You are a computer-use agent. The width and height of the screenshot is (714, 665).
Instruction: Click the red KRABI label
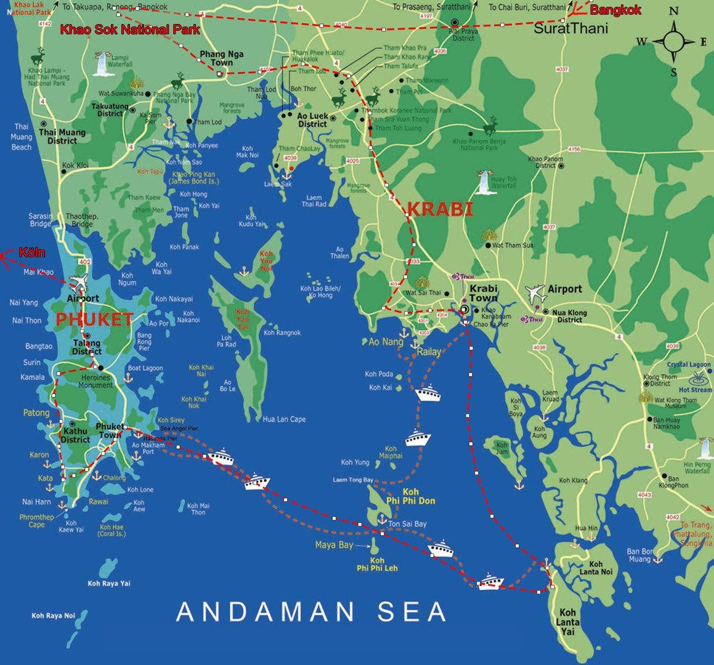(440, 209)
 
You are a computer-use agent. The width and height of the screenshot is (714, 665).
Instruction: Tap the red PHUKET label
(95, 320)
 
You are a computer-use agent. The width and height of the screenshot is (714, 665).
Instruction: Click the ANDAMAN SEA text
(311, 611)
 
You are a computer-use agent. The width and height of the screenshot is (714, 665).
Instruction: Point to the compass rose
(673, 42)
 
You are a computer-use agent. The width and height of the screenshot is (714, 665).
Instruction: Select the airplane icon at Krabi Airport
(536, 293)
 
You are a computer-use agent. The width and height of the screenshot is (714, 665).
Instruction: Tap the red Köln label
(31, 252)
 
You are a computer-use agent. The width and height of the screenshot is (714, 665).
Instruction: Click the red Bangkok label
(615, 10)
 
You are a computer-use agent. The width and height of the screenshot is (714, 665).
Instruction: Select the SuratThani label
(570, 28)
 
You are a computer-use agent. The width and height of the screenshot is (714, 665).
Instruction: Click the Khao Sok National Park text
(130, 30)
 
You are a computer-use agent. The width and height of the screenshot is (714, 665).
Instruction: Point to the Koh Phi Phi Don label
(410, 496)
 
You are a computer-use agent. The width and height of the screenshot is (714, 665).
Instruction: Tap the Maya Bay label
(334, 545)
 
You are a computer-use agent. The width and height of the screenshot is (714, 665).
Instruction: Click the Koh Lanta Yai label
(567, 622)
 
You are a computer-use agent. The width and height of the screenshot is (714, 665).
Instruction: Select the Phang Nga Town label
(221, 58)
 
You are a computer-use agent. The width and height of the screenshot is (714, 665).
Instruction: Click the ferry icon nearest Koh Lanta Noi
(491, 581)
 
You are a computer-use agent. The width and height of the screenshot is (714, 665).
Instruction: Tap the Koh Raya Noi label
(53, 616)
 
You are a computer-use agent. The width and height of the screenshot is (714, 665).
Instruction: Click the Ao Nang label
(386, 342)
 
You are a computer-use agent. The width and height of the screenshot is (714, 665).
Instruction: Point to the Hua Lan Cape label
(284, 419)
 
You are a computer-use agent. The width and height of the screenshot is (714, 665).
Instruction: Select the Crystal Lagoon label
(688, 365)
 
